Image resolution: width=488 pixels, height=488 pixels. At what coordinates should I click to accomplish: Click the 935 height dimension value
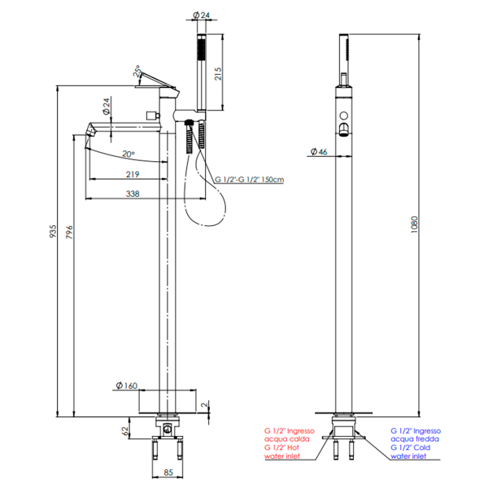click(53, 231)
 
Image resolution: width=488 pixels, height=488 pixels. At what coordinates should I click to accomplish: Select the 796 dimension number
click(69, 232)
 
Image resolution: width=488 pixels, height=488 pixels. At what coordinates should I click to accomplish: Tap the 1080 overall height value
click(414, 224)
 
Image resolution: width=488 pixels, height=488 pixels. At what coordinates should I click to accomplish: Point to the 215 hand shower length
click(218, 73)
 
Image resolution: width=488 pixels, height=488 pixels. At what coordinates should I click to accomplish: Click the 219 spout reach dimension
click(133, 174)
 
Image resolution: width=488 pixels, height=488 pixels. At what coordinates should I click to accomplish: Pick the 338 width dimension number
click(133, 194)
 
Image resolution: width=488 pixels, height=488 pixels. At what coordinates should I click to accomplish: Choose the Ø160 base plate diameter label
click(127, 386)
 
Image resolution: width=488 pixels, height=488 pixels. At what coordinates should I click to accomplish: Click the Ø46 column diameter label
click(319, 151)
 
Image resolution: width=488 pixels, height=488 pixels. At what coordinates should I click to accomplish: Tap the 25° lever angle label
click(137, 72)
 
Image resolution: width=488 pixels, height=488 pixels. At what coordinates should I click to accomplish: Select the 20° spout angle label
click(129, 154)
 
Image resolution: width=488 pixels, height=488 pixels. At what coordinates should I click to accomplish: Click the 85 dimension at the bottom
click(168, 472)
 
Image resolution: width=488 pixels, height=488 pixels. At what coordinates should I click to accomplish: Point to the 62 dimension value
click(124, 431)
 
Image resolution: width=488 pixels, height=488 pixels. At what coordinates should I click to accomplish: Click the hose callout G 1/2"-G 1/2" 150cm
click(250, 180)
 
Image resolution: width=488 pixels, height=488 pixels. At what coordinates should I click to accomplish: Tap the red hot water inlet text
click(289, 443)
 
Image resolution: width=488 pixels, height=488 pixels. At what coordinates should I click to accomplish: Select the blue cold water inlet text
click(416, 443)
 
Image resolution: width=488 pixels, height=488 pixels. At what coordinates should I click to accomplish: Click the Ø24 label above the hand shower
click(202, 15)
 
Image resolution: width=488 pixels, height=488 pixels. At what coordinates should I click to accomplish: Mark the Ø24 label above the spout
click(107, 106)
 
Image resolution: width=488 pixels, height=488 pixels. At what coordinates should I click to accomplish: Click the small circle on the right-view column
click(343, 115)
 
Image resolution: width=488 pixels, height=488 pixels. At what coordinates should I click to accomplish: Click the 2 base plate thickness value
click(204, 405)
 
